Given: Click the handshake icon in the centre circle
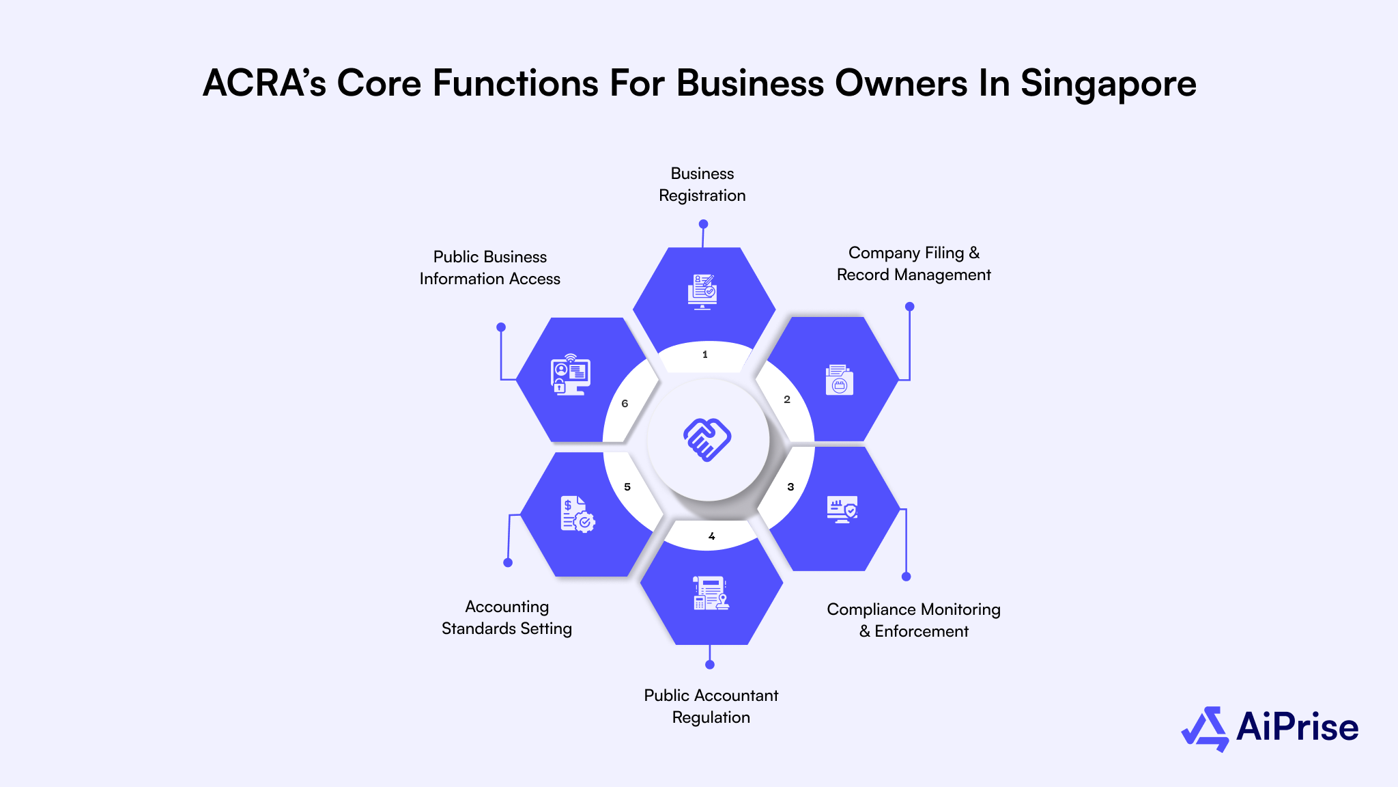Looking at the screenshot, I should (707, 439).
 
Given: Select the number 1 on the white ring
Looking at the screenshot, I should (705, 355).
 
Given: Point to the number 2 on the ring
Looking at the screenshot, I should (787, 400).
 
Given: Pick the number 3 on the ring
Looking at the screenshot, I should (790, 487).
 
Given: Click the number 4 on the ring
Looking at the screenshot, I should (711, 536).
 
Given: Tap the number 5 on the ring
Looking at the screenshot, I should (627, 487).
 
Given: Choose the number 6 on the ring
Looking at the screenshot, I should (625, 404).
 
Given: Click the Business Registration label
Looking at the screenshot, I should (702, 184).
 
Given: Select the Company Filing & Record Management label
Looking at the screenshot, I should (913, 264).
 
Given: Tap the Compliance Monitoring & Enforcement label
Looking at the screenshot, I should (913, 620).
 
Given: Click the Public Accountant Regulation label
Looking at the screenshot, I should (711, 706).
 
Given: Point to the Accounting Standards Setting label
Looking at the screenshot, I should (507, 618).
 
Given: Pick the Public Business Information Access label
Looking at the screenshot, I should (489, 268).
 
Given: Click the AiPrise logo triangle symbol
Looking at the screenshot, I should (1206, 729).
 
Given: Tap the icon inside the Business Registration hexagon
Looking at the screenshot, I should (702, 292).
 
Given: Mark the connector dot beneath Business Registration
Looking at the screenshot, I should (703, 224).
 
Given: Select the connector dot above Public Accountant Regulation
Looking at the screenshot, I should (710, 665).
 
